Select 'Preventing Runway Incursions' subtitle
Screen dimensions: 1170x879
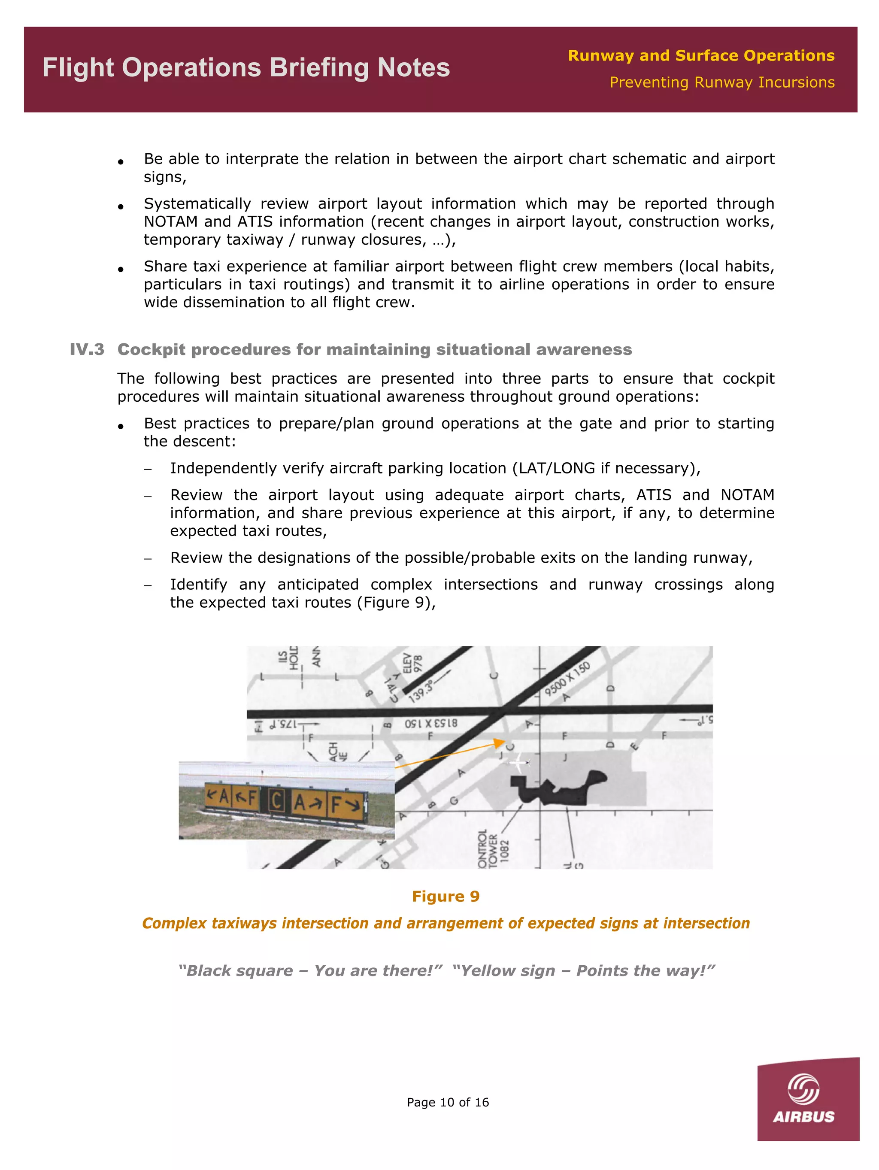pyautogui.click(x=721, y=82)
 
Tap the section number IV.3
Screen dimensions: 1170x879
pyautogui.click(x=87, y=350)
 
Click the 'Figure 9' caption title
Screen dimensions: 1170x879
pyautogui.click(x=446, y=896)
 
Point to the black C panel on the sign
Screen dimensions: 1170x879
pyautogui.click(x=275, y=800)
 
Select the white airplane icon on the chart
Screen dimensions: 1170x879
pyautogui.click(x=519, y=762)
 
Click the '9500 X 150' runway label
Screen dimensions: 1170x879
pyautogui.click(x=567, y=679)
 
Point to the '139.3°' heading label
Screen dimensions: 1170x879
pyautogui.click(x=421, y=691)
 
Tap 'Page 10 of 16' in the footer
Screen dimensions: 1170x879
pyautogui.click(x=447, y=1102)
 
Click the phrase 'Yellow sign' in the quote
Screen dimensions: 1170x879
pyautogui.click(x=508, y=970)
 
